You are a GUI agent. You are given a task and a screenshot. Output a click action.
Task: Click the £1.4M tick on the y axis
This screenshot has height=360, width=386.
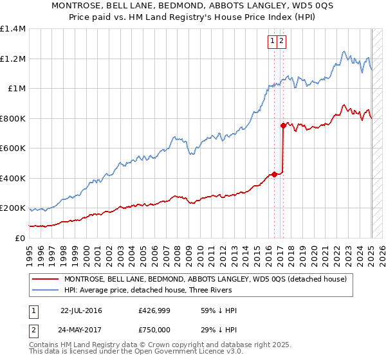[13, 29]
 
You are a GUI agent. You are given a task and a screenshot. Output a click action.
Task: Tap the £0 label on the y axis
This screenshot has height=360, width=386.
[20, 239]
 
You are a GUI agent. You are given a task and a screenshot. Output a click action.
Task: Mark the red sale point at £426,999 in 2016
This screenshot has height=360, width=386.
[274, 174]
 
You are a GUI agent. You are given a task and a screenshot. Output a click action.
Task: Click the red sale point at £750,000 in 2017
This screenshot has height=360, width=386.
[283, 125]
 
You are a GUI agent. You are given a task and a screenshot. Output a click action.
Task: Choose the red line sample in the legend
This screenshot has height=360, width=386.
[45, 279]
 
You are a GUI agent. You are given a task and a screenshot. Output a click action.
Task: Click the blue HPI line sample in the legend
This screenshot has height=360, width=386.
[45, 290]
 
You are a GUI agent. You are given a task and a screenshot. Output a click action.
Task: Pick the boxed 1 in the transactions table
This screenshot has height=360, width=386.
[33, 310]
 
